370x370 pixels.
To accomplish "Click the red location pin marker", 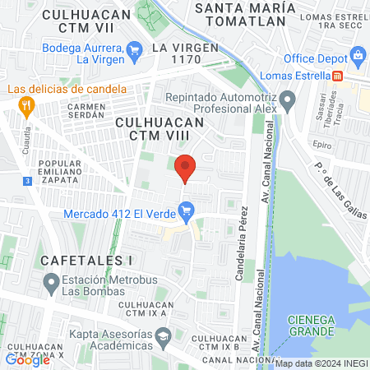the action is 186,168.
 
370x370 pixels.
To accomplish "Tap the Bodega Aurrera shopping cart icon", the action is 136,53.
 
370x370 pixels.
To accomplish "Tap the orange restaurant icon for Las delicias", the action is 26,105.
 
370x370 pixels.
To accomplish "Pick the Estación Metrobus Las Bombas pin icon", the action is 48,284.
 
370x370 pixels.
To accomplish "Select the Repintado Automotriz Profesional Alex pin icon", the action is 287,103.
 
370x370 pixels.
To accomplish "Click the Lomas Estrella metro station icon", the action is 337,76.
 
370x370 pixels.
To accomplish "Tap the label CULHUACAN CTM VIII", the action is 160,122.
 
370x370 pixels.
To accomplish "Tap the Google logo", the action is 28,359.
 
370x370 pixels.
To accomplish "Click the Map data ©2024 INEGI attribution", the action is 321,363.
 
